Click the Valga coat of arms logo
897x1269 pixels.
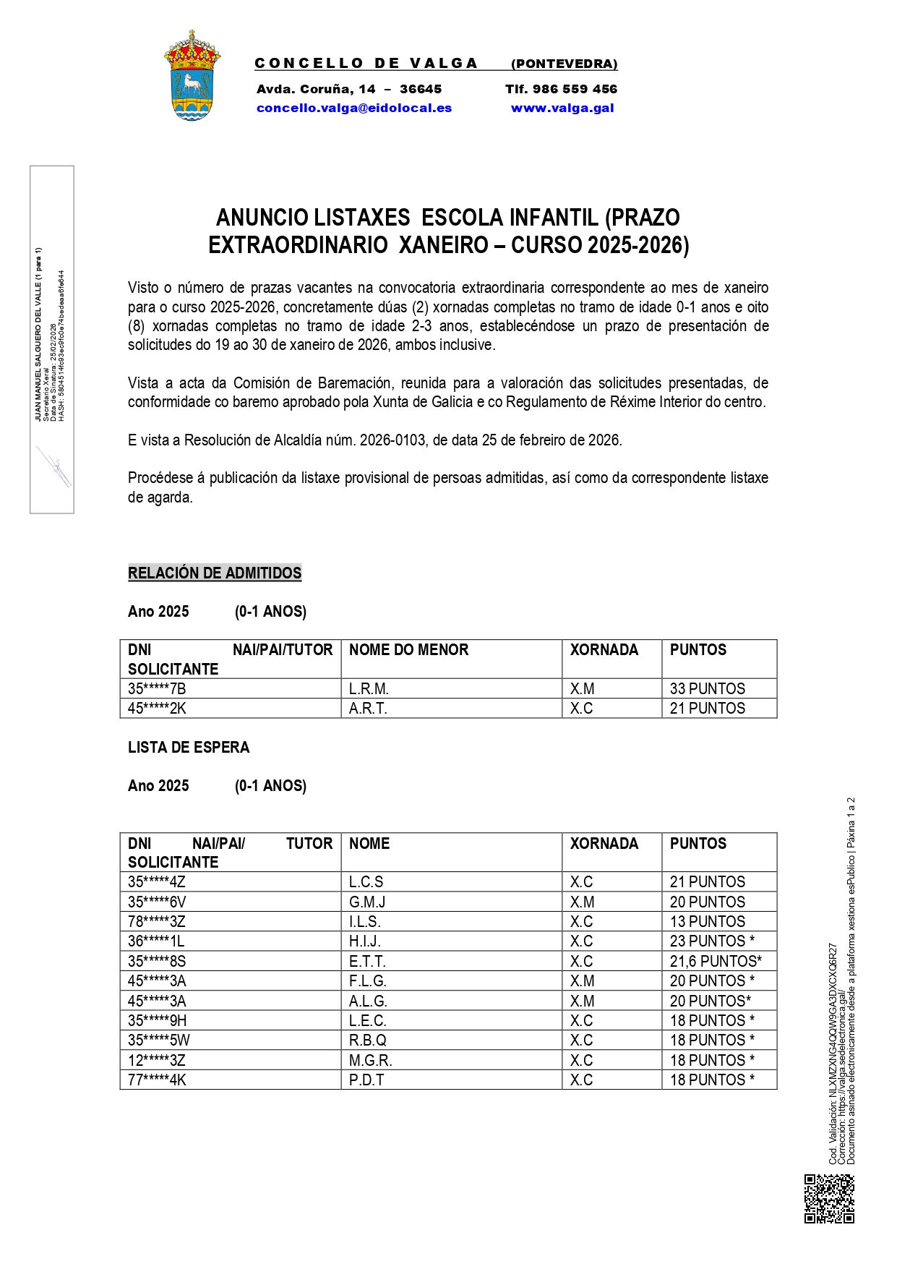[x=192, y=76]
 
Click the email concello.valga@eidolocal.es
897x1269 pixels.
[x=354, y=108]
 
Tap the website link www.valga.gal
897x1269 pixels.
[x=562, y=108]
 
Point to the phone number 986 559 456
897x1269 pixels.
[x=575, y=89]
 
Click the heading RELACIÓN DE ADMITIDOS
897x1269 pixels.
[x=215, y=573]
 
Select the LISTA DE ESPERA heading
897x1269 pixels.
[x=189, y=748]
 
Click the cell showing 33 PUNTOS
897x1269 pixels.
[x=707, y=688]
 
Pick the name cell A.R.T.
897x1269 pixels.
[x=368, y=709]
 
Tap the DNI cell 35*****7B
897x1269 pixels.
[x=157, y=688]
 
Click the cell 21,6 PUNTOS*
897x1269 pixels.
[x=716, y=961]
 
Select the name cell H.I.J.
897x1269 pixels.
[x=365, y=941]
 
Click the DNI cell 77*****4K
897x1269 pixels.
[x=157, y=1080]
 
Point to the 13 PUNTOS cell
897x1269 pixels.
[x=707, y=922]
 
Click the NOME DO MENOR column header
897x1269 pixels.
[x=408, y=650]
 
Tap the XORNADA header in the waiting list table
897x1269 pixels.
[x=604, y=844]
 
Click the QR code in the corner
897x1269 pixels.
[x=829, y=1199]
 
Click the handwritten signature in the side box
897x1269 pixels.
[x=54, y=466]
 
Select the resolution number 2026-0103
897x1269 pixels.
[x=393, y=440]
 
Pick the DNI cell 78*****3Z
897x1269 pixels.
[x=157, y=922]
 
